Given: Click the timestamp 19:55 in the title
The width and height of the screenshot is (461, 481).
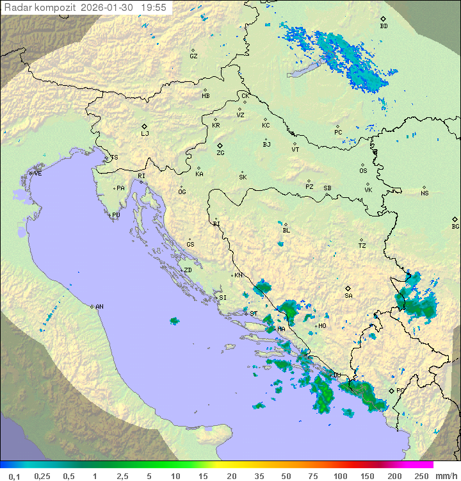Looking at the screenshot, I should tap(154, 8).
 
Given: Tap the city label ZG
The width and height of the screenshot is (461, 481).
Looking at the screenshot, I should tap(220, 153).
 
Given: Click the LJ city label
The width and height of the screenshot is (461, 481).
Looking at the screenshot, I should tap(145, 134).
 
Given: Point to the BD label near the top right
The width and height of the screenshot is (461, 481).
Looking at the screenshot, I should tap(384, 26).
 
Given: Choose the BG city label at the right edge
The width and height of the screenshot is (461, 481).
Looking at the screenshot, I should tap(455, 226).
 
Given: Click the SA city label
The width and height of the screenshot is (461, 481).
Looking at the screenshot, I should tap(348, 295).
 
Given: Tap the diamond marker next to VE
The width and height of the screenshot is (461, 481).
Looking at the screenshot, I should tap(30, 173).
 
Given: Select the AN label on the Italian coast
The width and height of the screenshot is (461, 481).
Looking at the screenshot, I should tap(99, 307).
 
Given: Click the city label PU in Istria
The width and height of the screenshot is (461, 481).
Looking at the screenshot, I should tap(116, 215).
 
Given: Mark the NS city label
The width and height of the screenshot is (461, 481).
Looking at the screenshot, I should tap(425, 193).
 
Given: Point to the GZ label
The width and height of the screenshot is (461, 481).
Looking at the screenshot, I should tap(193, 56).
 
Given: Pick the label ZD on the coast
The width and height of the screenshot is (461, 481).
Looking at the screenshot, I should tap(188, 270).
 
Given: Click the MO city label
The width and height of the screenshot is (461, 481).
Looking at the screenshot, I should tap(322, 325).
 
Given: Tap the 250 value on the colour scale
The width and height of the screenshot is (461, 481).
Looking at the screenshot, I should tap(421, 476).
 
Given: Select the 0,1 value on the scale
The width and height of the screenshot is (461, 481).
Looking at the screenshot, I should tap(14, 476).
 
